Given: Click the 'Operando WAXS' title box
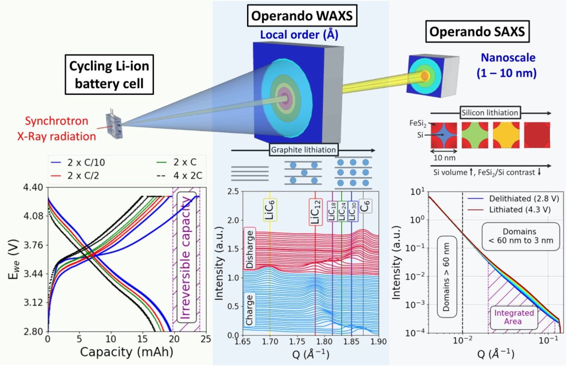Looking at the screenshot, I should [301, 17].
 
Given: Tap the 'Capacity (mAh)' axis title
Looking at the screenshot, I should [126, 352].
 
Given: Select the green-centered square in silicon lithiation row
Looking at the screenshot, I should [475, 135].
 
